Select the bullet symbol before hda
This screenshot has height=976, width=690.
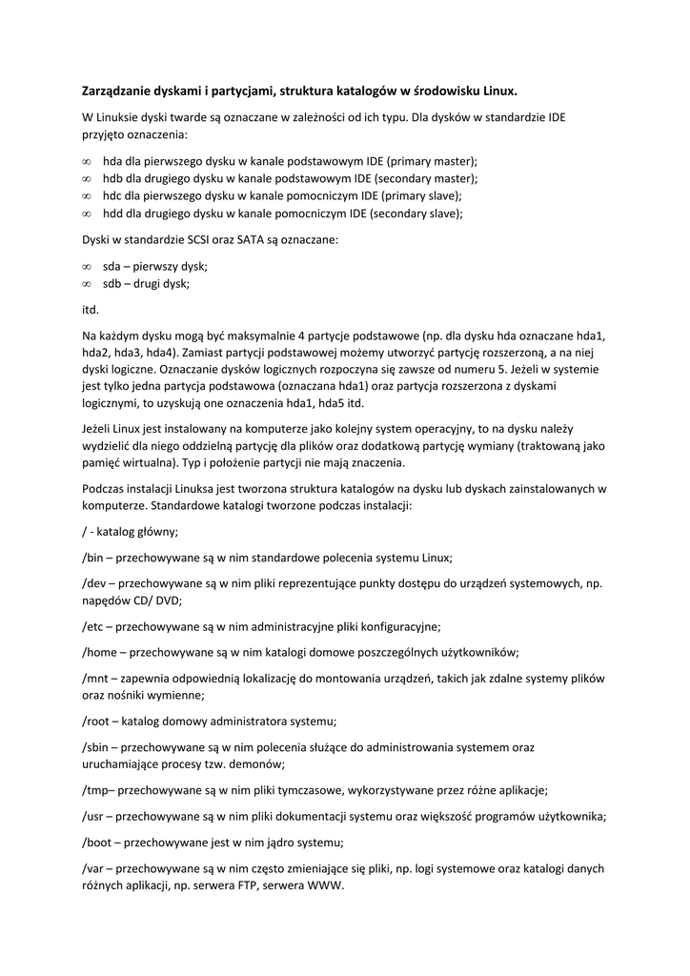(87, 162)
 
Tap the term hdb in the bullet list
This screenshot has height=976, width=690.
(113, 178)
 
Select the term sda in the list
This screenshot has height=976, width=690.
(112, 266)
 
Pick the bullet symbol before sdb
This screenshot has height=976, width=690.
(87, 284)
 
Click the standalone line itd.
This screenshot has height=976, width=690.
(91, 310)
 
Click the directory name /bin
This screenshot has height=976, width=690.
(94, 557)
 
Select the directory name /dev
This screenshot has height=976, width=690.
(95, 583)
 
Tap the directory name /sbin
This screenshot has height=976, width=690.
(97, 747)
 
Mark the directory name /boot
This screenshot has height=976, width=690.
(99, 843)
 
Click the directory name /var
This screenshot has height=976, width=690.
(94, 868)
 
